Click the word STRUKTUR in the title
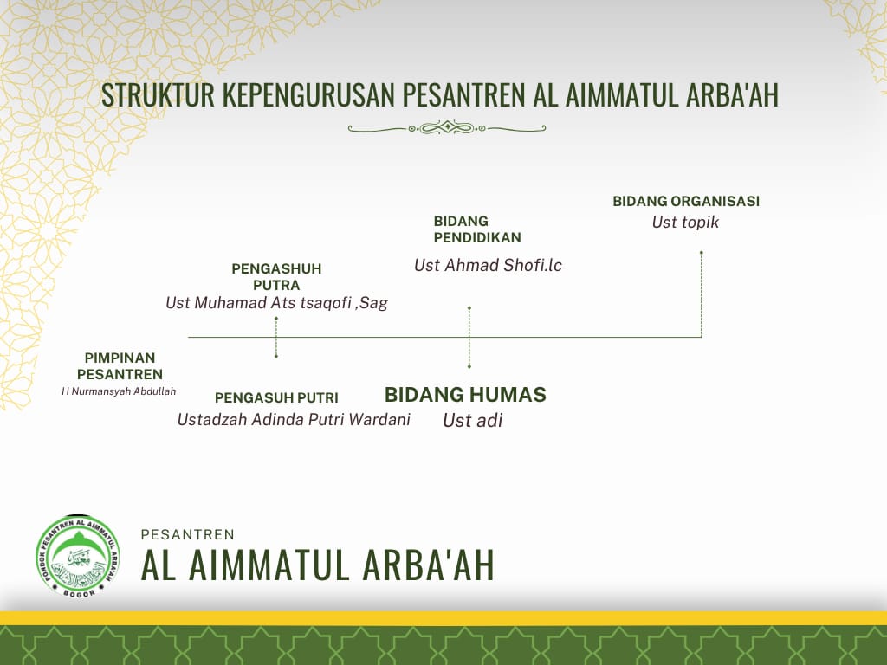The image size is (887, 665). tap(158, 94)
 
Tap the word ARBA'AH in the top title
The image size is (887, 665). tap(733, 94)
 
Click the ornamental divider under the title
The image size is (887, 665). tap(447, 128)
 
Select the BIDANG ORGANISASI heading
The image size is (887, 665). tap(686, 201)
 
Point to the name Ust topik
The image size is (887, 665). tap(685, 223)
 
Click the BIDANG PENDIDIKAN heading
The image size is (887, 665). tap(477, 229)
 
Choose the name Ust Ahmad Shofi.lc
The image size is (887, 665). tap(488, 265)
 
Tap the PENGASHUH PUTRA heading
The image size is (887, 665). tap(276, 276)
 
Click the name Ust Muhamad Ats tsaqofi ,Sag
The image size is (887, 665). tap(276, 303)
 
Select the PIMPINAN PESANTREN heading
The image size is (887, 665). tap(120, 366)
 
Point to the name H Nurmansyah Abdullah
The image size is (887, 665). tap(119, 391)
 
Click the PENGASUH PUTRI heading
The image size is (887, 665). tap(276, 398)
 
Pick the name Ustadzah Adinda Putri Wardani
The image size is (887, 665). tap(294, 420)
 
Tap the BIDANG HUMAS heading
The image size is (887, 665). tap(465, 395)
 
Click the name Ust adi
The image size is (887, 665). tap(473, 420)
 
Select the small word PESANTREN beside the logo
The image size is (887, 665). tap(188, 535)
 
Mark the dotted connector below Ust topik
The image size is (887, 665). tap(702, 294)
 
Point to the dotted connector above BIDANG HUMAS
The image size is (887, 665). tap(469, 338)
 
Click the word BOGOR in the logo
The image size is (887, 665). tap(79, 592)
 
